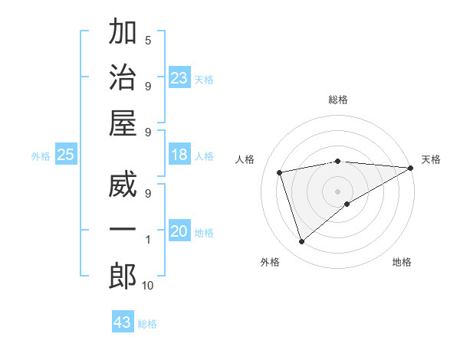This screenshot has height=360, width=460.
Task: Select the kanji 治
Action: (123, 78)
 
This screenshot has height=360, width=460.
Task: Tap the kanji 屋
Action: (123, 124)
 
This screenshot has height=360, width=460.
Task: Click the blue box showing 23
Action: (179, 78)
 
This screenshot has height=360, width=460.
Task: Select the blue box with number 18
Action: (179, 155)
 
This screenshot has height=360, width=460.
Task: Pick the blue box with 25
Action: (66, 155)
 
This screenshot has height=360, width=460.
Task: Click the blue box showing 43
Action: (123, 322)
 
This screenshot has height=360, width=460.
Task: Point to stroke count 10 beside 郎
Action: (147, 286)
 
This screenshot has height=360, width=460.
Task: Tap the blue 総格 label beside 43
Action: (147, 324)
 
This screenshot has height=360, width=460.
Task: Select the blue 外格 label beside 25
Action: (41, 156)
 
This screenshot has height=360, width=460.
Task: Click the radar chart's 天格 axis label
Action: (431, 159)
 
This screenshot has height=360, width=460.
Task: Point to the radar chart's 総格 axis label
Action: (338, 100)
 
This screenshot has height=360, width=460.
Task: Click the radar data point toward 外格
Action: (301, 242)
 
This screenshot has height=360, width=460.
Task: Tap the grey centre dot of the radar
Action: (338, 191)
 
